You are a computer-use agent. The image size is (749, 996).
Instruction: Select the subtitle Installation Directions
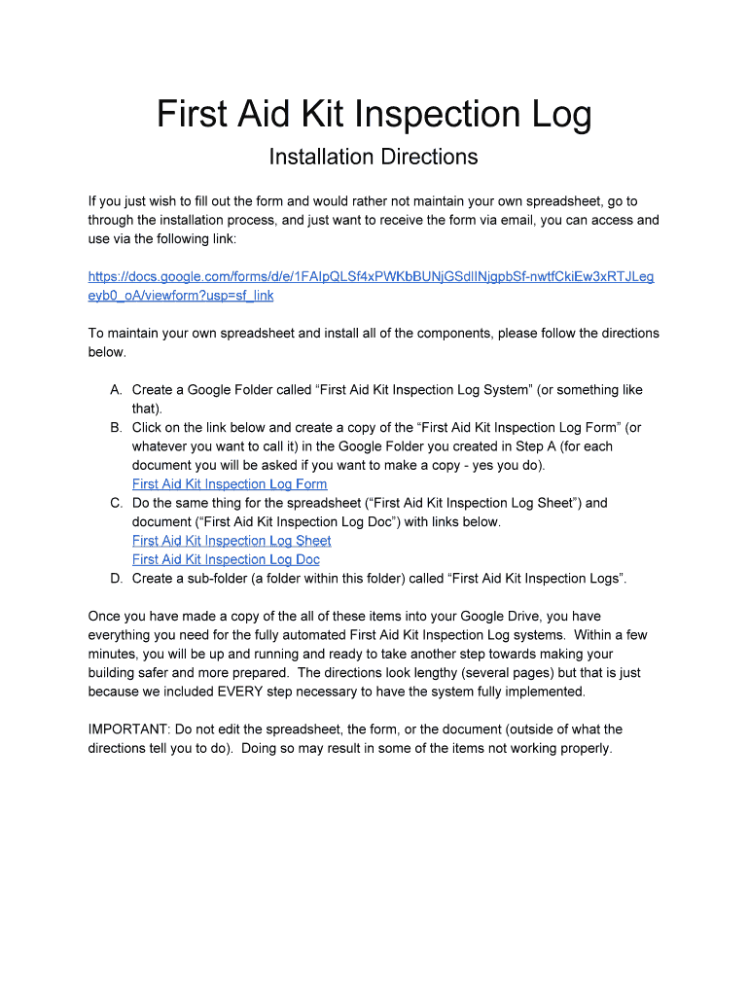click(x=374, y=157)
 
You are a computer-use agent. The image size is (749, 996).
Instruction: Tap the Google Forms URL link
click(x=371, y=277)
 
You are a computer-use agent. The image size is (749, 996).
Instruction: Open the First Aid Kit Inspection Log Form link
click(x=230, y=484)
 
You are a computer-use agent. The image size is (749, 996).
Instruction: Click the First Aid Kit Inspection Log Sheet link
click(x=232, y=541)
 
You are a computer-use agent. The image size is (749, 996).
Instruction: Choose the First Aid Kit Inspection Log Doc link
click(x=226, y=559)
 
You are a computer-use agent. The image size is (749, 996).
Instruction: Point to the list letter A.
click(x=116, y=390)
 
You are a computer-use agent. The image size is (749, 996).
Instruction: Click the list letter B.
click(x=116, y=427)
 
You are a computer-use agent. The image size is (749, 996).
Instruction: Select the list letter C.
click(x=116, y=503)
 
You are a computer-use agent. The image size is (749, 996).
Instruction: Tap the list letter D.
click(x=116, y=579)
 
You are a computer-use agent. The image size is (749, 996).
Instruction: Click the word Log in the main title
click(x=558, y=115)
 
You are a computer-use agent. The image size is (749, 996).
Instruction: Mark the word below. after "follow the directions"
click(x=107, y=352)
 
